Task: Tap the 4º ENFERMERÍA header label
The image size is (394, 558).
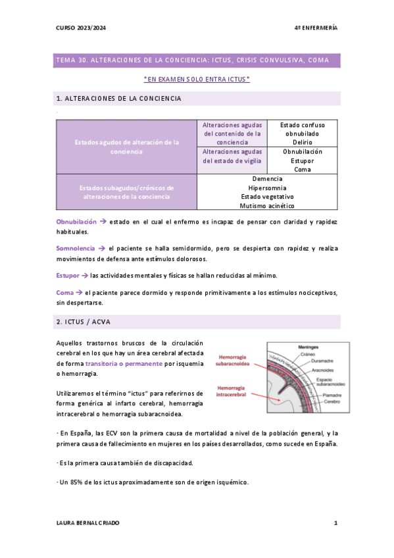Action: (316, 28)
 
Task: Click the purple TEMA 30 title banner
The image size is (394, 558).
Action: (197, 61)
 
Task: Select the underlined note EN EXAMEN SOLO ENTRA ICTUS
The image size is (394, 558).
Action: (197, 80)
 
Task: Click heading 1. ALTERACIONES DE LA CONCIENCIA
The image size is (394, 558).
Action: (119, 99)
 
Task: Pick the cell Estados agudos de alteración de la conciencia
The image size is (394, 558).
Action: (126, 147)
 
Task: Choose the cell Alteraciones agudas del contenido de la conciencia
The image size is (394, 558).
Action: (232, 133)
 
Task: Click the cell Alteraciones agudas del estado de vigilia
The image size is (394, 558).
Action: (232, 156)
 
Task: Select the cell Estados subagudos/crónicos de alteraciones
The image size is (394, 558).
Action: (126, 192)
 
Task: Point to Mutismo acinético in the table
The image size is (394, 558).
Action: (267, 206)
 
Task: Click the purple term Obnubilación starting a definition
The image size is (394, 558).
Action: (76, 222)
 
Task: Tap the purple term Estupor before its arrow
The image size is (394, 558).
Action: (68, 275)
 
